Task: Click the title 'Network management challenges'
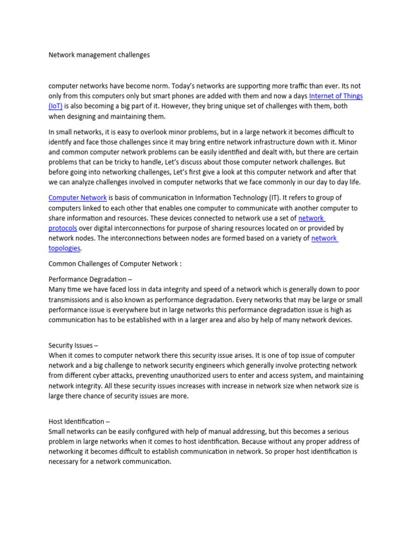(x=99, y=55)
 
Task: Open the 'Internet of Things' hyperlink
(x=336, y=96)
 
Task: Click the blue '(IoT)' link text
(x=55, y=106)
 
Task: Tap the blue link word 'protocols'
(x=63, y=228)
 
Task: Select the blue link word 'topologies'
(x=65, y=248)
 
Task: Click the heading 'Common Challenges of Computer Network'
(x=115, y=264)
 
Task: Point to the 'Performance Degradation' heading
(x=90, y=279)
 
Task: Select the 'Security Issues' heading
(x=73, y=345)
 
